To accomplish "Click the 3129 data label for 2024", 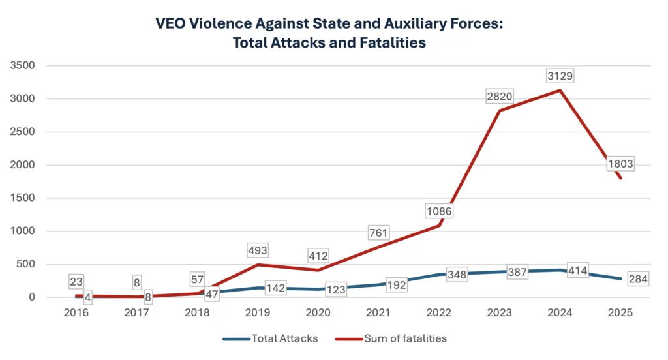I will point(560,76).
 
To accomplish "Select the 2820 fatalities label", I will point(500,97).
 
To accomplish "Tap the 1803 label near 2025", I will point(620,164).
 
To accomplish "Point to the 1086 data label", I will point(439,211).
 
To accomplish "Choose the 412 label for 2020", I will point(319,256).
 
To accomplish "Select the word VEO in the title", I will point(172,23).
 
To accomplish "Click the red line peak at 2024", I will point(560,90).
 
